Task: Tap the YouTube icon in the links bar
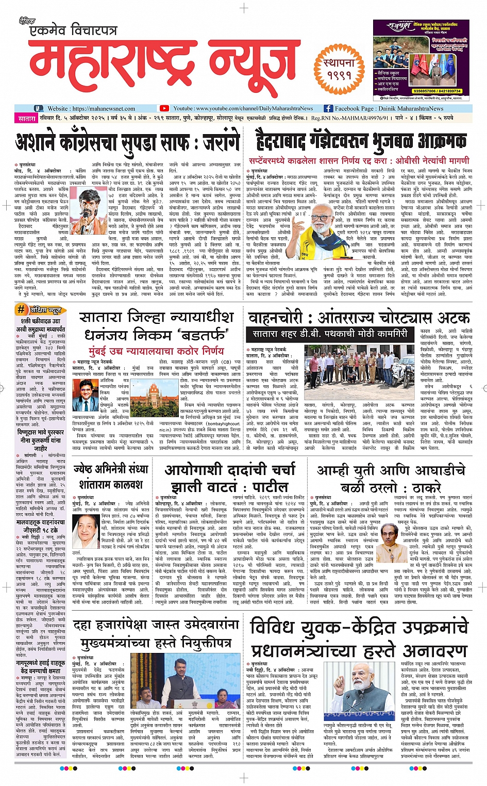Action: click(164, 108)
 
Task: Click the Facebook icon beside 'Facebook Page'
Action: click(328, 108)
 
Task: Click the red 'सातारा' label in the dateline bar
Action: click(27, 119)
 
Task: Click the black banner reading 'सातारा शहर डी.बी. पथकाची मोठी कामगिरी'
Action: click(329, 334)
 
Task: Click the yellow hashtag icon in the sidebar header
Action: click(21, 309)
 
